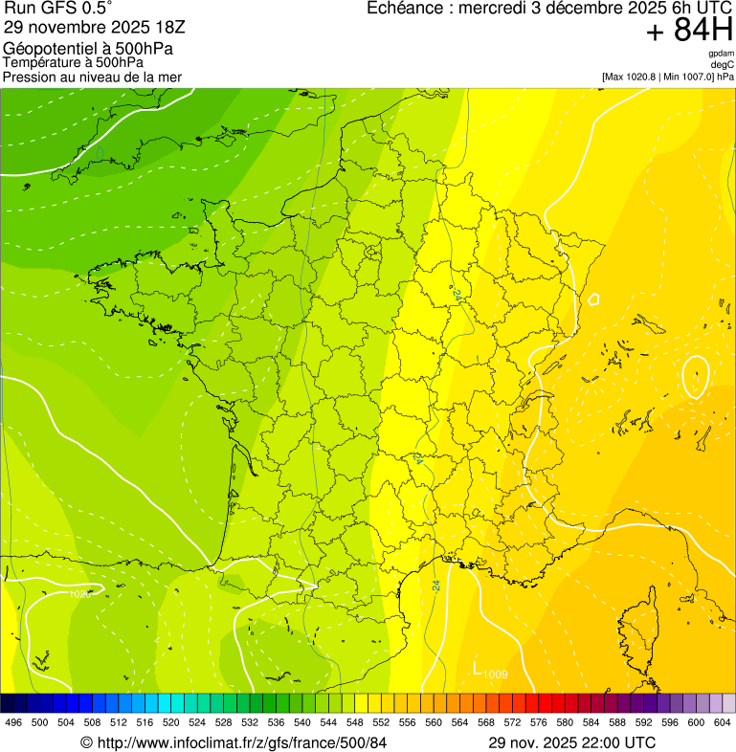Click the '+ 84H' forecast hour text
[x=689, y=32]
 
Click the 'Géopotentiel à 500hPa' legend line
[x=88, y=49]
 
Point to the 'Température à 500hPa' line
[x=74, y=63]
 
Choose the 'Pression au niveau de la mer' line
[x=92, y=77]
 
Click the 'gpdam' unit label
[x=721, y=54]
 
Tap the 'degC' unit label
[x=723, y=65]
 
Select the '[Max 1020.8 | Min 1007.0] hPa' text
[x=667, y=77]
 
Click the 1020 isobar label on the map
[x=80, y=594]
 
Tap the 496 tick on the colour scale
[x=13, y=722]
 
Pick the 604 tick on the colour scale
[x=723, y=722]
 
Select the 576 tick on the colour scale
[x=540, y=722]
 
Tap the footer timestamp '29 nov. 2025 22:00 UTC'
[x=571, y=742]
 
